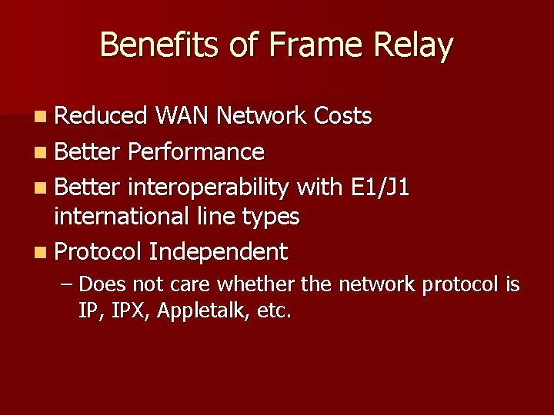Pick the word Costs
[343, 116]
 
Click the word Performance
[196, 152]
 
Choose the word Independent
[219, 251]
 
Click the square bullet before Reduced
[41, 117]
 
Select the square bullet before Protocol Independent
[41, 252]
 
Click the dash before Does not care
[67, 285]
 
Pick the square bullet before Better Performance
[41, 152]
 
